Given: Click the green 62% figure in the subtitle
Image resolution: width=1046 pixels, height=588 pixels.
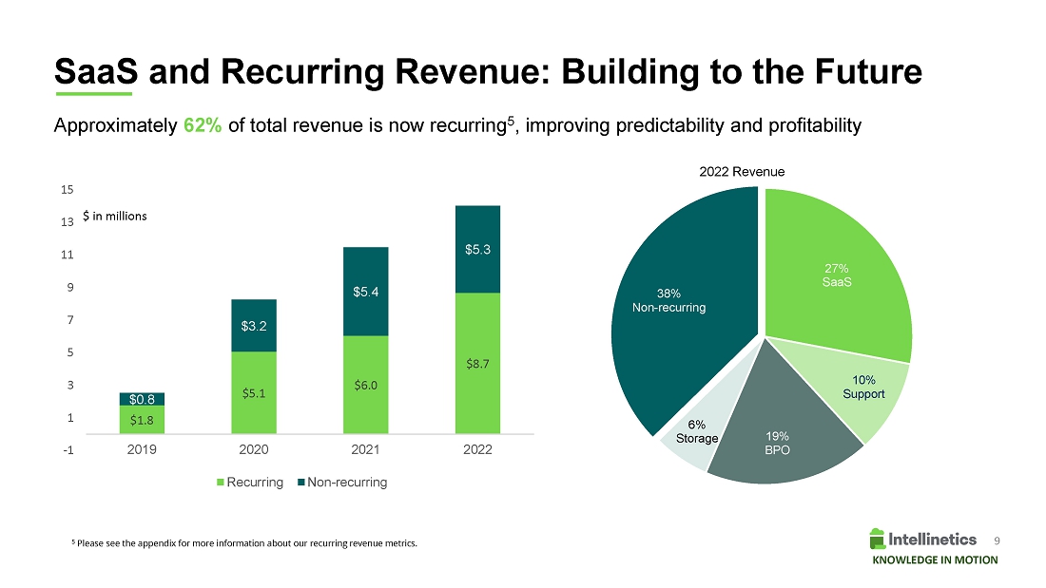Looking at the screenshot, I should click(x=203, y=126).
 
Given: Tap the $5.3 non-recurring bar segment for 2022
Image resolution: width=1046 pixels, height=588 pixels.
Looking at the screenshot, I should click(x=477, y=250).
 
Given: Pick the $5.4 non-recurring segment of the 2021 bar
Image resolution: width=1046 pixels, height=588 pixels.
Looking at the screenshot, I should click(x=365, y=292).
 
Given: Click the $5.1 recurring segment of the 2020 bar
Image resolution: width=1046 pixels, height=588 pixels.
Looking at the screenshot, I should click(x=253, y=392).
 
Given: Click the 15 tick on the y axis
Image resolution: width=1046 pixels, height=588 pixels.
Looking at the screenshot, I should click(x=67, y=190).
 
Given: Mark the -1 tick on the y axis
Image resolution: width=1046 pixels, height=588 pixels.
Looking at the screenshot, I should click(x=68, y=450).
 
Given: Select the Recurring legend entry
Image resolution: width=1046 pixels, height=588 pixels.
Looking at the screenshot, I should click(x=251, y=483).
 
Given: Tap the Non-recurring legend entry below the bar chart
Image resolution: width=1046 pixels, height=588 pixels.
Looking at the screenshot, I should click(x=341, y=483).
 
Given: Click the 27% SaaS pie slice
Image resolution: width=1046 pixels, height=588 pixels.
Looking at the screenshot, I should click(x=837, y=275).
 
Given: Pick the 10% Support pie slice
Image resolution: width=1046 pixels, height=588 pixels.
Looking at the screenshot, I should click(x=865, y=389).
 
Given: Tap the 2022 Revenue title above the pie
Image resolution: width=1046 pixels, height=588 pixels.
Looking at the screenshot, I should click(x=742, y=172).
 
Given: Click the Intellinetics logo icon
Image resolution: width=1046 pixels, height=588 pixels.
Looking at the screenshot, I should click(x=877, y=539).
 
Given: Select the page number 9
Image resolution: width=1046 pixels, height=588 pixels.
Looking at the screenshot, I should click(x=997, y=540).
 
